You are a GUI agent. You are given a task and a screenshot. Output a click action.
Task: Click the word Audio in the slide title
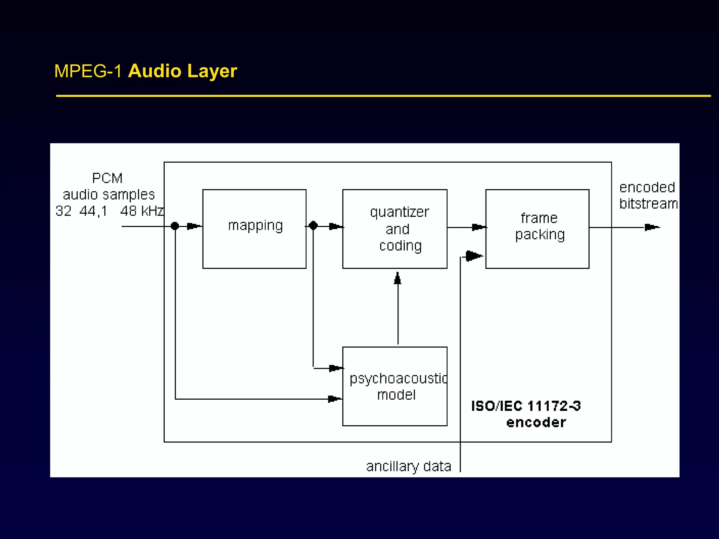click(x=154, y=71)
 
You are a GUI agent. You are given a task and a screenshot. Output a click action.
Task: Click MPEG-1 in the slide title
click(x=88, y=71)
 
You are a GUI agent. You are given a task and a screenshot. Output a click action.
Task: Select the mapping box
click(x=254, y=229)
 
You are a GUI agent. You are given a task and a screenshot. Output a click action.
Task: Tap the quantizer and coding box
click(x=395, y=229)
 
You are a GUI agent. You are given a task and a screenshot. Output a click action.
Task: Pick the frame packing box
click(x=537, y=229)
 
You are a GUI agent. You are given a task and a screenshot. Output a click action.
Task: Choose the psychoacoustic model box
click(x=395, y=386)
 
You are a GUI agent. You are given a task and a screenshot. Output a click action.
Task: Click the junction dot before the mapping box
click(x=175, y=226)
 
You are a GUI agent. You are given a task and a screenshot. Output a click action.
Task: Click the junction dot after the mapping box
click(x=313, y=226)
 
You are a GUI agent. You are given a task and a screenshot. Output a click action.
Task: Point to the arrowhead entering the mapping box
click(x=193, y=226)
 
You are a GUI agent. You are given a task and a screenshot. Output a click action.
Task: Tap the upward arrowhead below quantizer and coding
click(x=397, y=279)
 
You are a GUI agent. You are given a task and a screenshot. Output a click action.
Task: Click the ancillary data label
click(x=408, y=466)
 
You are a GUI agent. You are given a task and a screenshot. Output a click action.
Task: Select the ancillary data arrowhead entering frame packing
click(x=474, y=256)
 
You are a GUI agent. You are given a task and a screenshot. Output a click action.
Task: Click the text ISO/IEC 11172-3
click(x=526, y=406)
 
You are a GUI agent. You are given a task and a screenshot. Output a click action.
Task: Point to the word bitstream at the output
click(x=648, y=204)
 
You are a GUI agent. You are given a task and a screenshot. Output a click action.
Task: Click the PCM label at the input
click(x=107, y=178)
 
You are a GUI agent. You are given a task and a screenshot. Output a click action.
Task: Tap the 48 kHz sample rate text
click(x=142, y=211)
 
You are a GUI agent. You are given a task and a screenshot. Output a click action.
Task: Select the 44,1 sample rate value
click(x=93, y=211)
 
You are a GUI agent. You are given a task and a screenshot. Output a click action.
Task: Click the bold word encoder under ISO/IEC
click(x=536, y=422)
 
